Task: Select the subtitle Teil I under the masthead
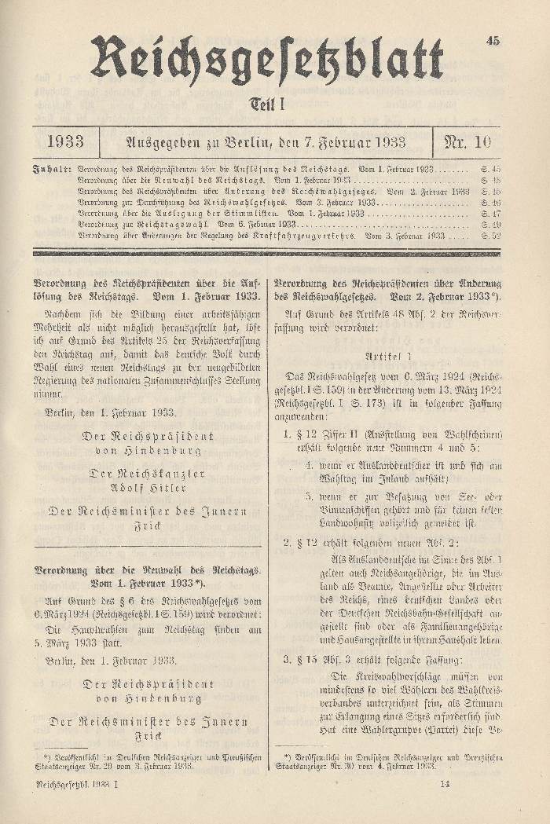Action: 266,104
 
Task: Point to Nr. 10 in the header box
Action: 467,142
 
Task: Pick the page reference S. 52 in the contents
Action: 490,235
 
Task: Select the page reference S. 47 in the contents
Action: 490,213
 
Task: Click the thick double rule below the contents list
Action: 266,253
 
